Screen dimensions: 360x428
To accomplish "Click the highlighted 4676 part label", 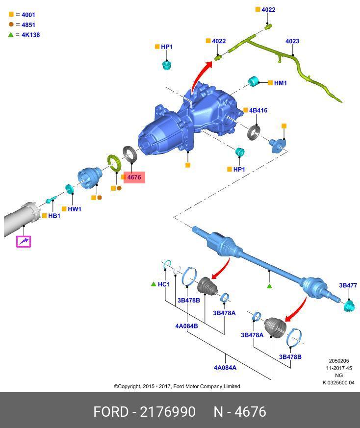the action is [134, 177].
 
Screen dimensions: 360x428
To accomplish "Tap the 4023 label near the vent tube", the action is [292, 42].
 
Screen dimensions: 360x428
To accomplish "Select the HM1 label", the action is [280, 83].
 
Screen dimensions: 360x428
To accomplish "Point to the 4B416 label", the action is [258, 111].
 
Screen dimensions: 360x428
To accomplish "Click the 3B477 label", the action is [348, 285].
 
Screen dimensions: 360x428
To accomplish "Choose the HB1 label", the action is [54, 216].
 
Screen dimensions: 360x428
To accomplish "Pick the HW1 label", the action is [75, 209].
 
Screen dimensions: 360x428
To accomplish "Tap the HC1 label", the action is [164, 284].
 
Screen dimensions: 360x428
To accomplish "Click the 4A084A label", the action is [225, 368].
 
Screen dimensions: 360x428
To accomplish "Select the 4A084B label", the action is [186, 326].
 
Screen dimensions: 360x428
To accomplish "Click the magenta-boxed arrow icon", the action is [24, 242].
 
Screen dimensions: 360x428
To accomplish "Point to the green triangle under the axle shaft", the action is [269, 285].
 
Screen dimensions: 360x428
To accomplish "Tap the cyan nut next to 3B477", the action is [349, 306].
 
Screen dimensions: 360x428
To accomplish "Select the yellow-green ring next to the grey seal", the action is [114, 161].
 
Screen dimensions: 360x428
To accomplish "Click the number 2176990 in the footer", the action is [168, 412].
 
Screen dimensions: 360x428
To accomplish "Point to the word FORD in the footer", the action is [111, 412].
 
